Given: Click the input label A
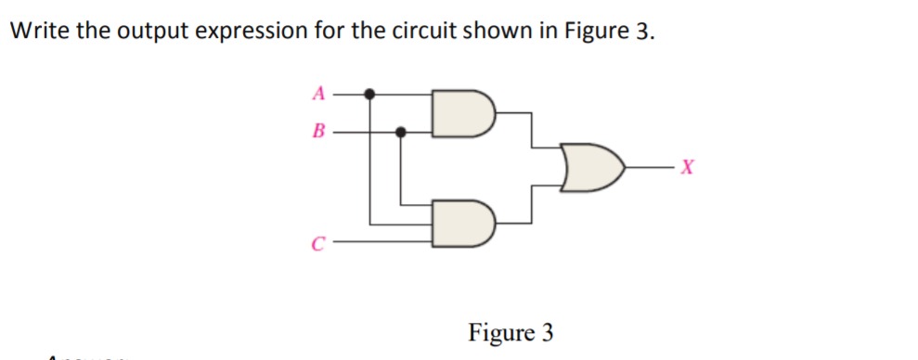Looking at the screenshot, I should pyautogui.click(x=318, y=93).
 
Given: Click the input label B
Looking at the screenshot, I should pyautogui.click(x=318, y=132).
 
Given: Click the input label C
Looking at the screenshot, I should pyautogui.click(x=317, y=246).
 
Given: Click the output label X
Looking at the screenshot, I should pyautogui.click(x=687, y=168).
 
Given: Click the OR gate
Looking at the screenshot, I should pyautogui.click(x=591, y=168).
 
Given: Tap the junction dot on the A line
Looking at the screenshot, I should pyautogui.click(x=369, y=94).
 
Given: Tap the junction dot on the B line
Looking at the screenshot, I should pyautogui.click(x=401, y=132).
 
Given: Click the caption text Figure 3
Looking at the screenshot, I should pyautogui.click(x=511, y=332).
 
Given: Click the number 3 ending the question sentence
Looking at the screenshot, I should pyautogui.click(x=644, y=31).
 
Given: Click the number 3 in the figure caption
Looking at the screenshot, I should pyautogui.click(x=548, y=332).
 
